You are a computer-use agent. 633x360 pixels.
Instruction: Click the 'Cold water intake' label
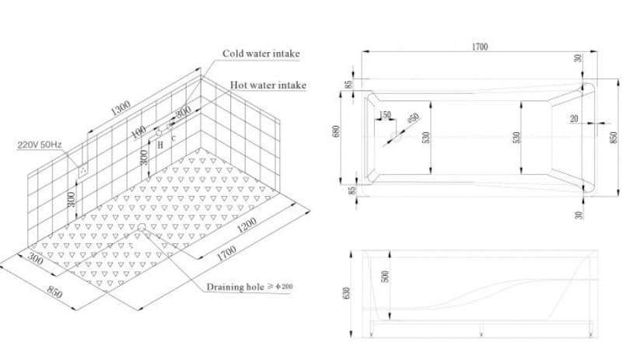(261, 54)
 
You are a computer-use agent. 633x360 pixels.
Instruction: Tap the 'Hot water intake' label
(268, 85)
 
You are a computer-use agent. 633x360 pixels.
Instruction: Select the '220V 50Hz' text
(39, 145)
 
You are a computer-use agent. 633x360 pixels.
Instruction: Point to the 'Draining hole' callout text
(249, 287)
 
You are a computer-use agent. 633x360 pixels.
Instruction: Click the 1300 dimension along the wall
(121, 108)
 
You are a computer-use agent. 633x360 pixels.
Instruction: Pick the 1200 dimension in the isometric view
(247, 225)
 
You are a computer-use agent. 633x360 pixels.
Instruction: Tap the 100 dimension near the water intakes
(138, 132)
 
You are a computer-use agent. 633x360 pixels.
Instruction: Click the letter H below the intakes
(159, 145)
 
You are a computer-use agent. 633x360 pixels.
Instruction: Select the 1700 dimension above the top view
(479, 47)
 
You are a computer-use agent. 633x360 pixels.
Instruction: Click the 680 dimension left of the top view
(337, 132)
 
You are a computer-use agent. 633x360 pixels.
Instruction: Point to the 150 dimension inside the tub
(385, 116)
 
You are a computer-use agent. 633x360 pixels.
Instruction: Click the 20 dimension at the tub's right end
(574, 119)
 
